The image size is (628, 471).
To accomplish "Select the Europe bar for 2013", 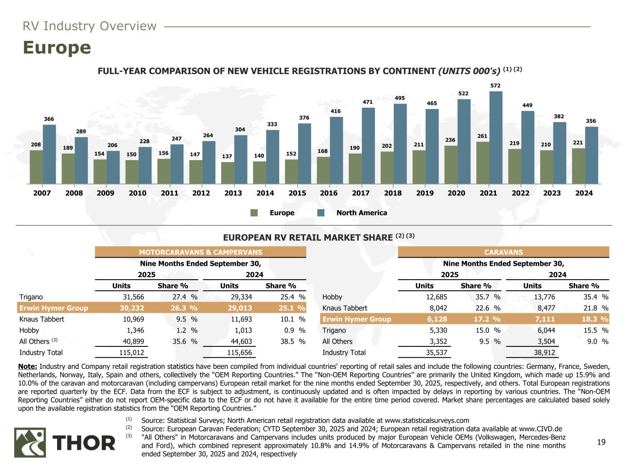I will coord(227,172).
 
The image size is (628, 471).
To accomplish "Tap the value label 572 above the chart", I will coord(495,86).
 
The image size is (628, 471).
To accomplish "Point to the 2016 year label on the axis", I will coord(329,193).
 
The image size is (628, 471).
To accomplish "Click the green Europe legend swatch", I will coord(254,213).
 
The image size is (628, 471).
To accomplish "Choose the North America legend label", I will coord(362,213).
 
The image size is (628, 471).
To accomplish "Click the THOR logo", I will coord(65,442).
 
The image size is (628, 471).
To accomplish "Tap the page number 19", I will coord(601,442).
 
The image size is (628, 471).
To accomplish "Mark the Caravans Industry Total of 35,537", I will coord(435,353).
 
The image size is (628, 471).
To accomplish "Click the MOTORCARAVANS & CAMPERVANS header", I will coord(201,252).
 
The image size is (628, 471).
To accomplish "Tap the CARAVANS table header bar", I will coord(503,252).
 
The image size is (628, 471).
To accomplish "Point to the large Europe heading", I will coord(57,48).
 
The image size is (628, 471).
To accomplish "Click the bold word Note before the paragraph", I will coord(28,367).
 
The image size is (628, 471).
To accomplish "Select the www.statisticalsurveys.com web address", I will coord(426,420).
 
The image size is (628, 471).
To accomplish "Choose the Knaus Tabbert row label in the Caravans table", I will coord(345,308).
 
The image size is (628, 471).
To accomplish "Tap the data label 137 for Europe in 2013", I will coord(227,156).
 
